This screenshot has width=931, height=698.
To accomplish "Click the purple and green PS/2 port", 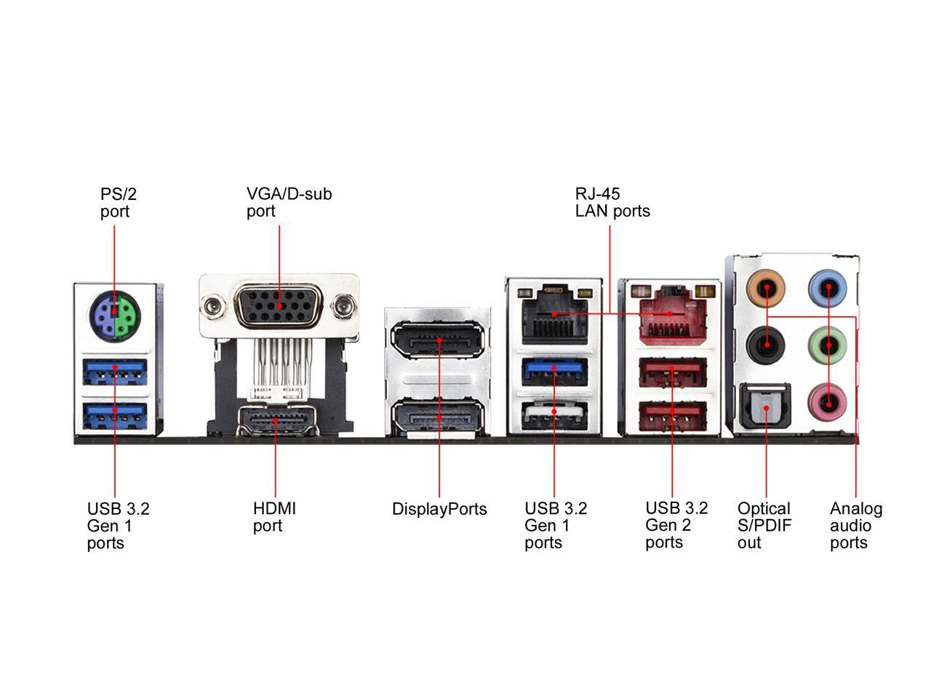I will click(x=114, y=314).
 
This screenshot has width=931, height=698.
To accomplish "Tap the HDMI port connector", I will click(x=276, y=421).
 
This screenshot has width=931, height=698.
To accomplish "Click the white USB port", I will click(x=554, y=412).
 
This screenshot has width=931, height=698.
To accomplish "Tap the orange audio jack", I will click(x=767, y=289).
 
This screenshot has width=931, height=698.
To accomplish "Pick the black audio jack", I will click(x=767, y=343).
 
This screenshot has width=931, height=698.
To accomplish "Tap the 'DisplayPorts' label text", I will click(x=439, y=509).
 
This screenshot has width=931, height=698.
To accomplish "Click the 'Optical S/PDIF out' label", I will click(x=764, y=525).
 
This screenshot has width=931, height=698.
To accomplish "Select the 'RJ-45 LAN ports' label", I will click(x=612, y=202).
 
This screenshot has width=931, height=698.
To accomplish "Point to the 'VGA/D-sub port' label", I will click(x=289, y=202).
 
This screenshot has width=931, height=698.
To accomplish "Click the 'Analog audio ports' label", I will click(x=855, y=525).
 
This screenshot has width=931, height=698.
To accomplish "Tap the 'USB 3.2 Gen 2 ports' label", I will click(x=676, y=525).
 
